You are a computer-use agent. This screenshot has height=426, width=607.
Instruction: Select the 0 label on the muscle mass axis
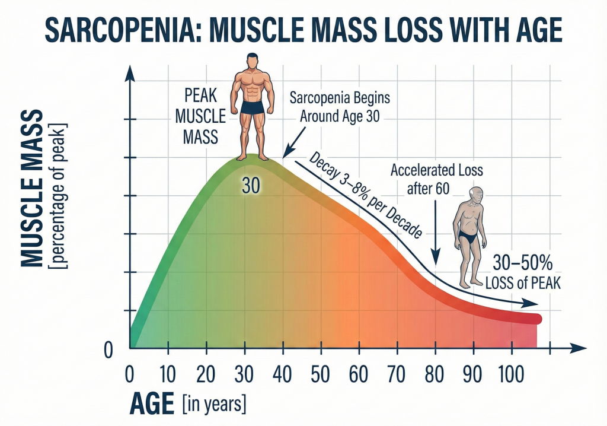coord(108,351)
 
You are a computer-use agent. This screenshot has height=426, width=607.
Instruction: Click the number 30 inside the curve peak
coord(251,186)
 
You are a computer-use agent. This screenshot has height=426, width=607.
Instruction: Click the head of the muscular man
coord(253,61)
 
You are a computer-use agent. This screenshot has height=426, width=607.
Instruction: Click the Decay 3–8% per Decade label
coord(365,195)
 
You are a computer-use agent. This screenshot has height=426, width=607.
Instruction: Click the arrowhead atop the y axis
coord(129,72)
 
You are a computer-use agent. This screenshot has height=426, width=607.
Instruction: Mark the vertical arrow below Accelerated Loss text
coord(436,231)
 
